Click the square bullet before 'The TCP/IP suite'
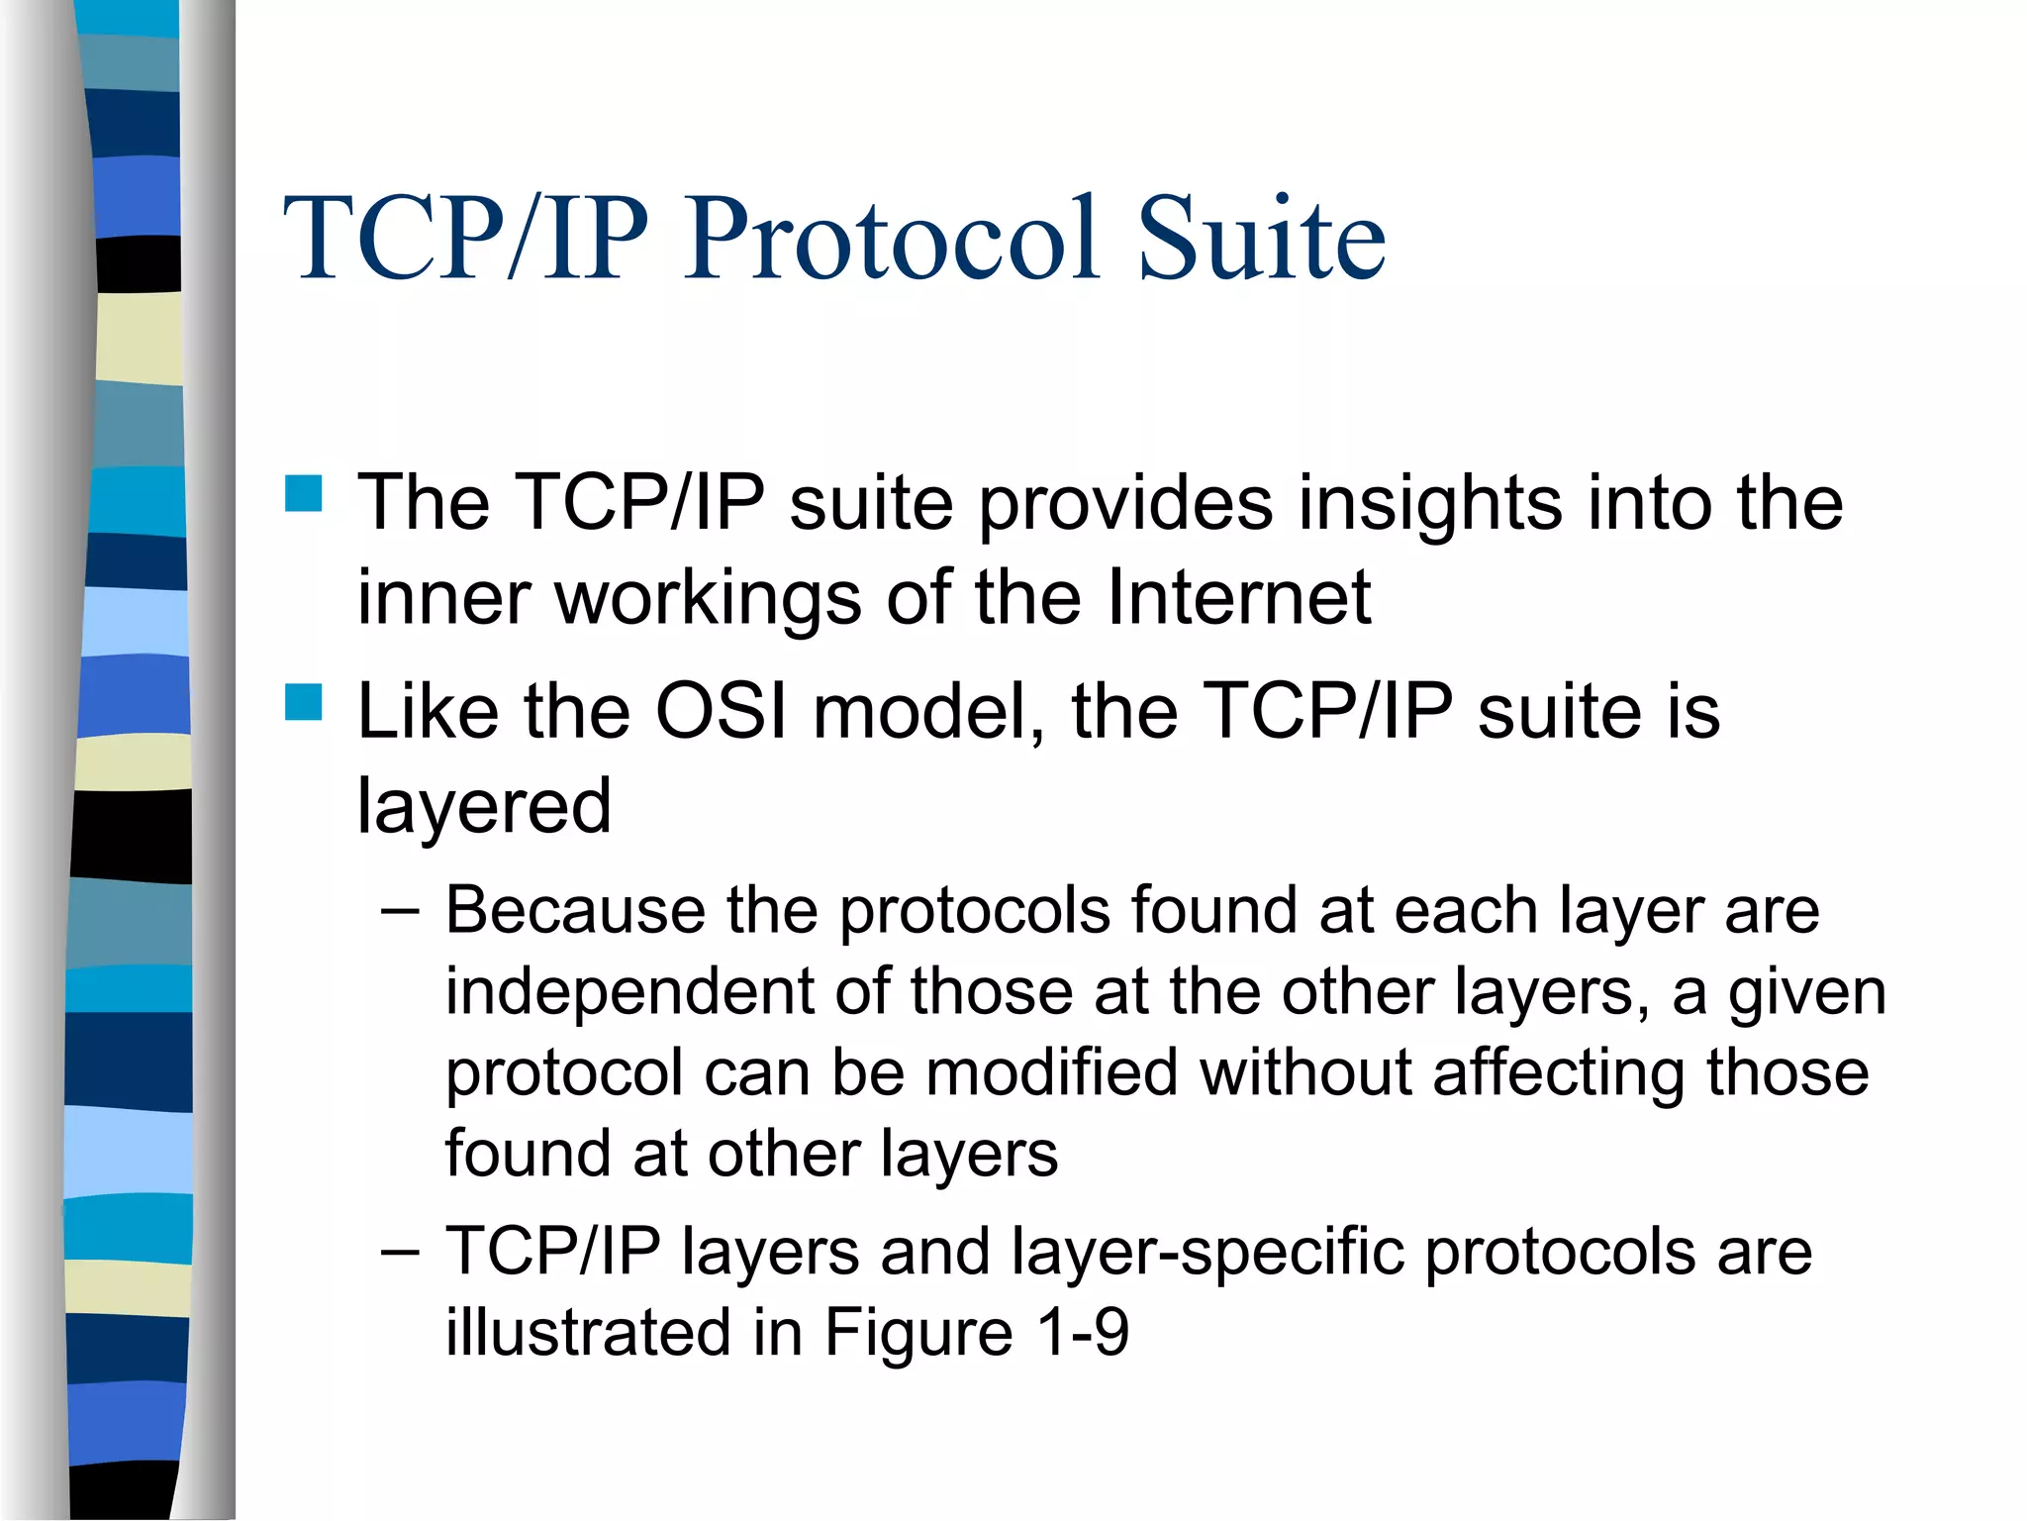304,493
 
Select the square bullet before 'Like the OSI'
304,702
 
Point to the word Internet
1238,597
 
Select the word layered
484,807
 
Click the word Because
575,910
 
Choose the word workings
708,599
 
